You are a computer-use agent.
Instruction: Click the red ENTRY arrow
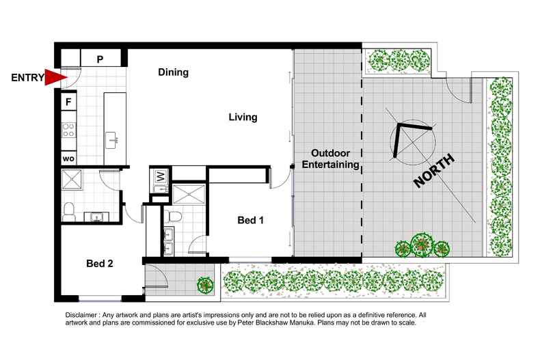pyautogui.click(x=55, y=78)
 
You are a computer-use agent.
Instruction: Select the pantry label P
pyautogui.click(x=100, y=59)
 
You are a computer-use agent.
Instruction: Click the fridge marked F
pyautogui.click(x=68, y=103)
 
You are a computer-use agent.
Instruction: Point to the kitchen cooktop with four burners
pyautogui.click(x=68, y=129)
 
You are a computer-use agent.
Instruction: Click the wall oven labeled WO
pyautogui.click(x=68, y=158)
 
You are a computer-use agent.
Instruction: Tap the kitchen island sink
pyautogui.click(x=111, y=141)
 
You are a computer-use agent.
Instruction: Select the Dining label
pyautogui.click(x=173, y=72)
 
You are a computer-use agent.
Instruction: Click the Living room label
pyautogui.click(x=243, y=117)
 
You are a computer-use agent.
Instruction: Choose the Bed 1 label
pyautogui.click(x=250, y=220)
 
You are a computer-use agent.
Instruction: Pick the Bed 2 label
pyautogui.click(x=99, y=263)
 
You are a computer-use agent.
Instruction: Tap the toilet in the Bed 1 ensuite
pyautogui.click(x=174, y=217)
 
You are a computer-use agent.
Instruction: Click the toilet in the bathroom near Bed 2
pyautogui.click(x=69, y=211)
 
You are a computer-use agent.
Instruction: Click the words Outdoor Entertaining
pyautogui.click(x=331, y=158)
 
